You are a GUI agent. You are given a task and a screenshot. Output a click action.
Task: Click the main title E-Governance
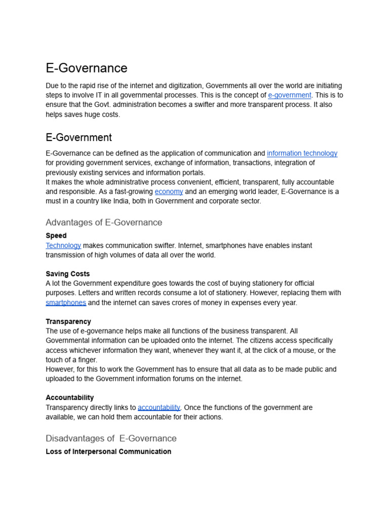[x=86, y=68]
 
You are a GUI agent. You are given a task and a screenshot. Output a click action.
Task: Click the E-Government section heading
[x=79, y=137]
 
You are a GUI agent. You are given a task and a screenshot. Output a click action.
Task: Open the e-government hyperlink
[x=289, y=95]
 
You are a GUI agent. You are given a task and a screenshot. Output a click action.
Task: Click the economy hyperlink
[x=169, y=192]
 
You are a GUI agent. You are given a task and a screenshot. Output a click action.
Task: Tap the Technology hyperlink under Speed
[x=63, y=246]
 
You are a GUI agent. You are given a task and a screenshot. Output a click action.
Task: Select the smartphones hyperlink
[x=66, y=303]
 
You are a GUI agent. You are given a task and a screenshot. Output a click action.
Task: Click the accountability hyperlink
[x=159, y=407]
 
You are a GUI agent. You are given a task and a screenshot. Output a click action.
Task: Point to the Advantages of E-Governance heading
[x=104, y=223]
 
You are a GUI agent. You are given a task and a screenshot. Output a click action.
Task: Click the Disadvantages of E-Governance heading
[x=111, y=438]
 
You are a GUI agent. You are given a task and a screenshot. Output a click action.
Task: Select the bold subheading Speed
[x=56, y=236]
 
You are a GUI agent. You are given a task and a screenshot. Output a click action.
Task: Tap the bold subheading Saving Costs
[x=68, y=274]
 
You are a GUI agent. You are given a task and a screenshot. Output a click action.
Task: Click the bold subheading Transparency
[x=68, y=321]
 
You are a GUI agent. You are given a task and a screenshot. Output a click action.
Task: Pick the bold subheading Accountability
[x=70, y=398]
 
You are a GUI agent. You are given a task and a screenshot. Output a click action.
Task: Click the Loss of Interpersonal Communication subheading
[x=108, y=452]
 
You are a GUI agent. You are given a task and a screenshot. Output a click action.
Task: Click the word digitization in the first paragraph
[x=184, y=86]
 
